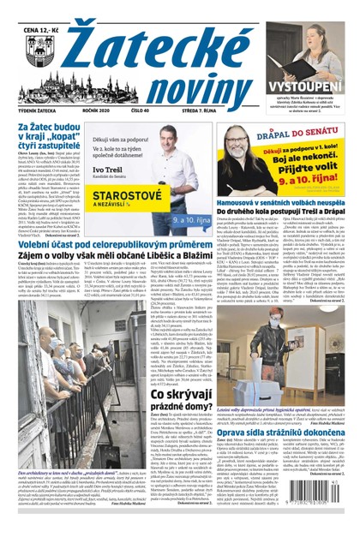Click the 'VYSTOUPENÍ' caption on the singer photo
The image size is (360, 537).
(309, 88)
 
